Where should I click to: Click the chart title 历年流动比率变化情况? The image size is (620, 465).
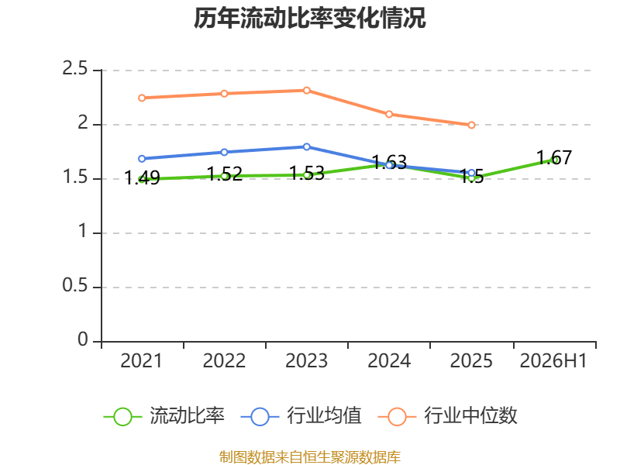coord(309,18)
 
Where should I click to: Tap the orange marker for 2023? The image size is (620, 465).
coord(306,91)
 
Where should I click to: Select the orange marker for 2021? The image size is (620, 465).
coord(142,98)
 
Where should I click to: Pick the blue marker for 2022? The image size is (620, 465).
coord(224,152)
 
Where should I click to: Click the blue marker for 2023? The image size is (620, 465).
coord(306,146)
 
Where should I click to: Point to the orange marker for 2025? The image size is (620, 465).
coord(471,125)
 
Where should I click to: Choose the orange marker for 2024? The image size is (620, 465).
coord(389,114)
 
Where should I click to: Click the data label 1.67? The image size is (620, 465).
coord(554,158)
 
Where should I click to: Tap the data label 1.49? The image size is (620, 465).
coord(142,178)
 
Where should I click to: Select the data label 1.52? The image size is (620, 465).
coord(224,174)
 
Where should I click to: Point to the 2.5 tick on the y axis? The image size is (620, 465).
coord(74,68)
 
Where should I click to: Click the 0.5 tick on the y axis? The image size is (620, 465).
coord(74,285)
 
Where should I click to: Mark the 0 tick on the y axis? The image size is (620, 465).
coord(83,339)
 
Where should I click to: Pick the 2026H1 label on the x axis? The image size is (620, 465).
coord(553,361)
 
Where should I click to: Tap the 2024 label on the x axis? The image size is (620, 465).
coord(389,361)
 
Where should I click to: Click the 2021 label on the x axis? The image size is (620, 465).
coord(142,361)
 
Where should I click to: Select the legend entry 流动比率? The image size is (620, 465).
coord(164,416)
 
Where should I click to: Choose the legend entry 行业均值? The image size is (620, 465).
coord(301,416)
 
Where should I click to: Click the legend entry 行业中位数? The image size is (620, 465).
coord(447,416)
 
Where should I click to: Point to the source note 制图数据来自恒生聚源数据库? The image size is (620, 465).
coord(310,457)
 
